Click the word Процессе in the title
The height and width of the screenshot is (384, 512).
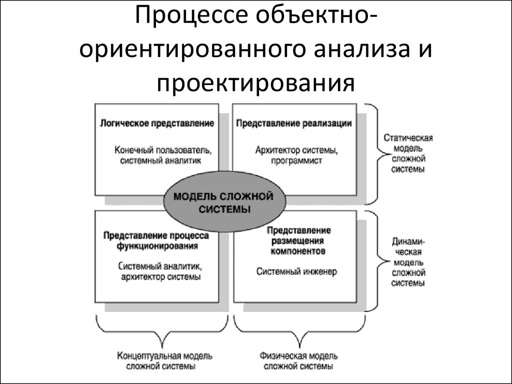[191, 15]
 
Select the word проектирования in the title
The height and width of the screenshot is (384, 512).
[255, 84]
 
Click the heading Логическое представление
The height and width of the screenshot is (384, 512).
[157, 123]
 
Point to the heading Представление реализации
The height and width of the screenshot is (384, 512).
[294, 123]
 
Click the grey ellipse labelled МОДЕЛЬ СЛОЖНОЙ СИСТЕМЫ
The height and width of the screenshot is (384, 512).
[223, 202]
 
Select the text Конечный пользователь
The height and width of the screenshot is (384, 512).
[162, 150]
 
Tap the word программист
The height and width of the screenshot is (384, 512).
[296, 160]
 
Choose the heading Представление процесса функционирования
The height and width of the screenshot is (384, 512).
[156, 240]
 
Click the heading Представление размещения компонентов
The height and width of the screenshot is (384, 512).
[298, 240]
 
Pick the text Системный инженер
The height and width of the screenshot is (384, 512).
[296, 271]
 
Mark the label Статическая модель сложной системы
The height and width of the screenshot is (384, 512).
[408, 153]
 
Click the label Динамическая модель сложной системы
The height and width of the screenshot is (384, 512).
[408, 262]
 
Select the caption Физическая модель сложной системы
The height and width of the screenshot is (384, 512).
[298, 361]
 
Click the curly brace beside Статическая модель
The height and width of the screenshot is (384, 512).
[379, 154]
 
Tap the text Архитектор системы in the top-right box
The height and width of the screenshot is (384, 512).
[296, 150]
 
